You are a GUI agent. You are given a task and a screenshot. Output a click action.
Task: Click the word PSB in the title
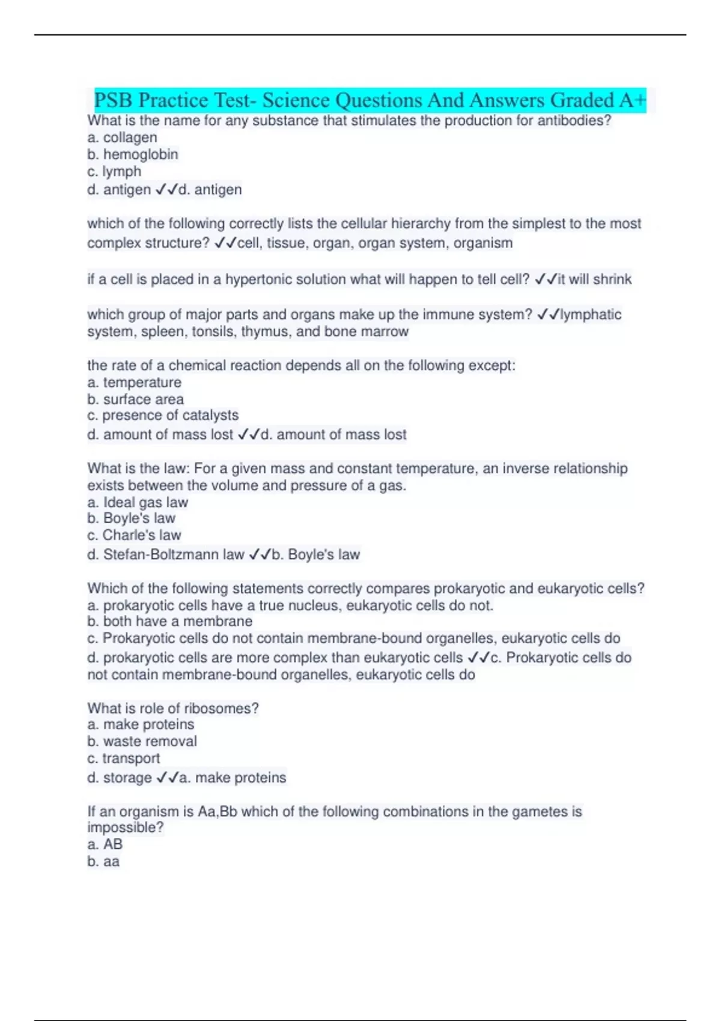pos(113,100)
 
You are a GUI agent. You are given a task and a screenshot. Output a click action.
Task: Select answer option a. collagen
pos(122,138)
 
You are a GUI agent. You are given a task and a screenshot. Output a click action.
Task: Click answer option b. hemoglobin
pos(133,154)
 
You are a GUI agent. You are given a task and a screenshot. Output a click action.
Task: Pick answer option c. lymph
pos(114,172)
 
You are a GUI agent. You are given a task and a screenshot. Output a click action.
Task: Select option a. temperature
pos(134,383)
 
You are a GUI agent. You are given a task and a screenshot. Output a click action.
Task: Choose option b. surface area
pos(135,399)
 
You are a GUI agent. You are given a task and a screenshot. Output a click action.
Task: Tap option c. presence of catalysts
pos(163,416)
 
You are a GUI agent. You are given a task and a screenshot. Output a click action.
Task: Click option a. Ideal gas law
pos(138,502)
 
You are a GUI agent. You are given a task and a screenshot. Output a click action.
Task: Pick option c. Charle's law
pos(134,535)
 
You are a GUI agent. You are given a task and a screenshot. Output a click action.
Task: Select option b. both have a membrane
pos(169,622)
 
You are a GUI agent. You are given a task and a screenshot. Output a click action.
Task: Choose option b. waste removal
pos(142,742)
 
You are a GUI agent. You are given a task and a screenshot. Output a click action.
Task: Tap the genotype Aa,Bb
pos(218,812)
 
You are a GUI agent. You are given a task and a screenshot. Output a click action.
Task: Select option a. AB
pos(105,844)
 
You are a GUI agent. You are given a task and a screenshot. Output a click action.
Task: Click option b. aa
pos(103,862)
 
